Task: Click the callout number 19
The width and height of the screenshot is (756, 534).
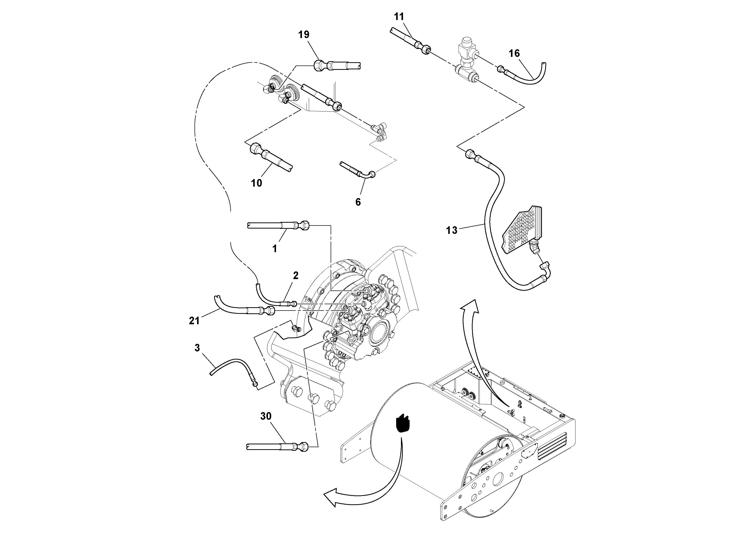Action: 303,35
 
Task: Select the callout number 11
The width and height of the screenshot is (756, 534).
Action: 399,17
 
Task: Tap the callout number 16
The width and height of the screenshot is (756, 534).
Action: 514,53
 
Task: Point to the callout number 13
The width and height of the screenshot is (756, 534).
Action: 452,230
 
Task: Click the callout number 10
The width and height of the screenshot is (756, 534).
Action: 256,183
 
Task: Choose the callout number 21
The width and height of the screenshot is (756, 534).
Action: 194,320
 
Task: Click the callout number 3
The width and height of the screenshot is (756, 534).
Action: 197,348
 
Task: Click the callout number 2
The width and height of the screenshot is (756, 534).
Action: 296,276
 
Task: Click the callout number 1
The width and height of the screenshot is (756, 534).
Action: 275,249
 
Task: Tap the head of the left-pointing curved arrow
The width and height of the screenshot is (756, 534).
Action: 331,496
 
